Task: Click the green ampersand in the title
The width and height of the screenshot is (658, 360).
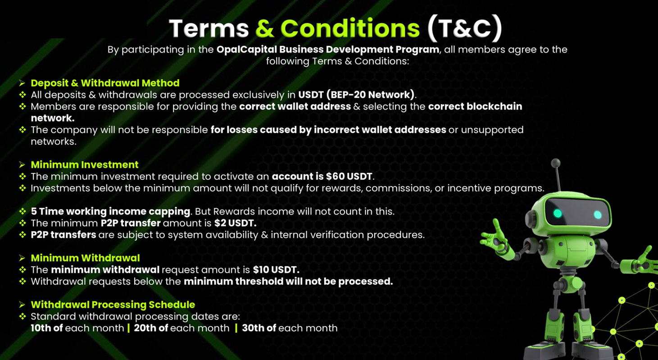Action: point(265,28)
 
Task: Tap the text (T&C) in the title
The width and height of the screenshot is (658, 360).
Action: point(465,28)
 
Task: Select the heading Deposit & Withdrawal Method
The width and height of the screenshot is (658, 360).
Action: point(105,83)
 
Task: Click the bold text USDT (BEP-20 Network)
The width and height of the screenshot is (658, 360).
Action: point(356,95)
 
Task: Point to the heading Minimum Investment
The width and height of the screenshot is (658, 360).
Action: point(85,164)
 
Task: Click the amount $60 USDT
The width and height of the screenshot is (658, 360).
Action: point(349,176)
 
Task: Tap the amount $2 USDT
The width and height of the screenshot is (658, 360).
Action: point(235,223)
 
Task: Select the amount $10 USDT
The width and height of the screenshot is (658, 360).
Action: point(276,269)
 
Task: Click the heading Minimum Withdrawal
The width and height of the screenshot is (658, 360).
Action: point(85,258)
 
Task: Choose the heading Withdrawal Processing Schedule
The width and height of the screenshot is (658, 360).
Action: point(113,305)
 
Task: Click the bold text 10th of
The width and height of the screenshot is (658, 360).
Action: point(46,328)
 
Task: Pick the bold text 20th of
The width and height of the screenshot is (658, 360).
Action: point(151,328)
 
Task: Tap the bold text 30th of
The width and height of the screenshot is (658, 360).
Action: point(259,328)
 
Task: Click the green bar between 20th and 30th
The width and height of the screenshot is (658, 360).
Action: point(236,328)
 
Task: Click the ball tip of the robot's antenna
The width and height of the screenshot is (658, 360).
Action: point(555,163)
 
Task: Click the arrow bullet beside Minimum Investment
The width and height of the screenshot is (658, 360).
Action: point(22,164)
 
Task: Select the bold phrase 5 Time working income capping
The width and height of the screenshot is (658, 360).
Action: point(110,212)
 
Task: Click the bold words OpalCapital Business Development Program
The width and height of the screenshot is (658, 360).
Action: point(328,50)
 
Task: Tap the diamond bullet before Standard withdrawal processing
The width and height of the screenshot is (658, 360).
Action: point(23,316)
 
